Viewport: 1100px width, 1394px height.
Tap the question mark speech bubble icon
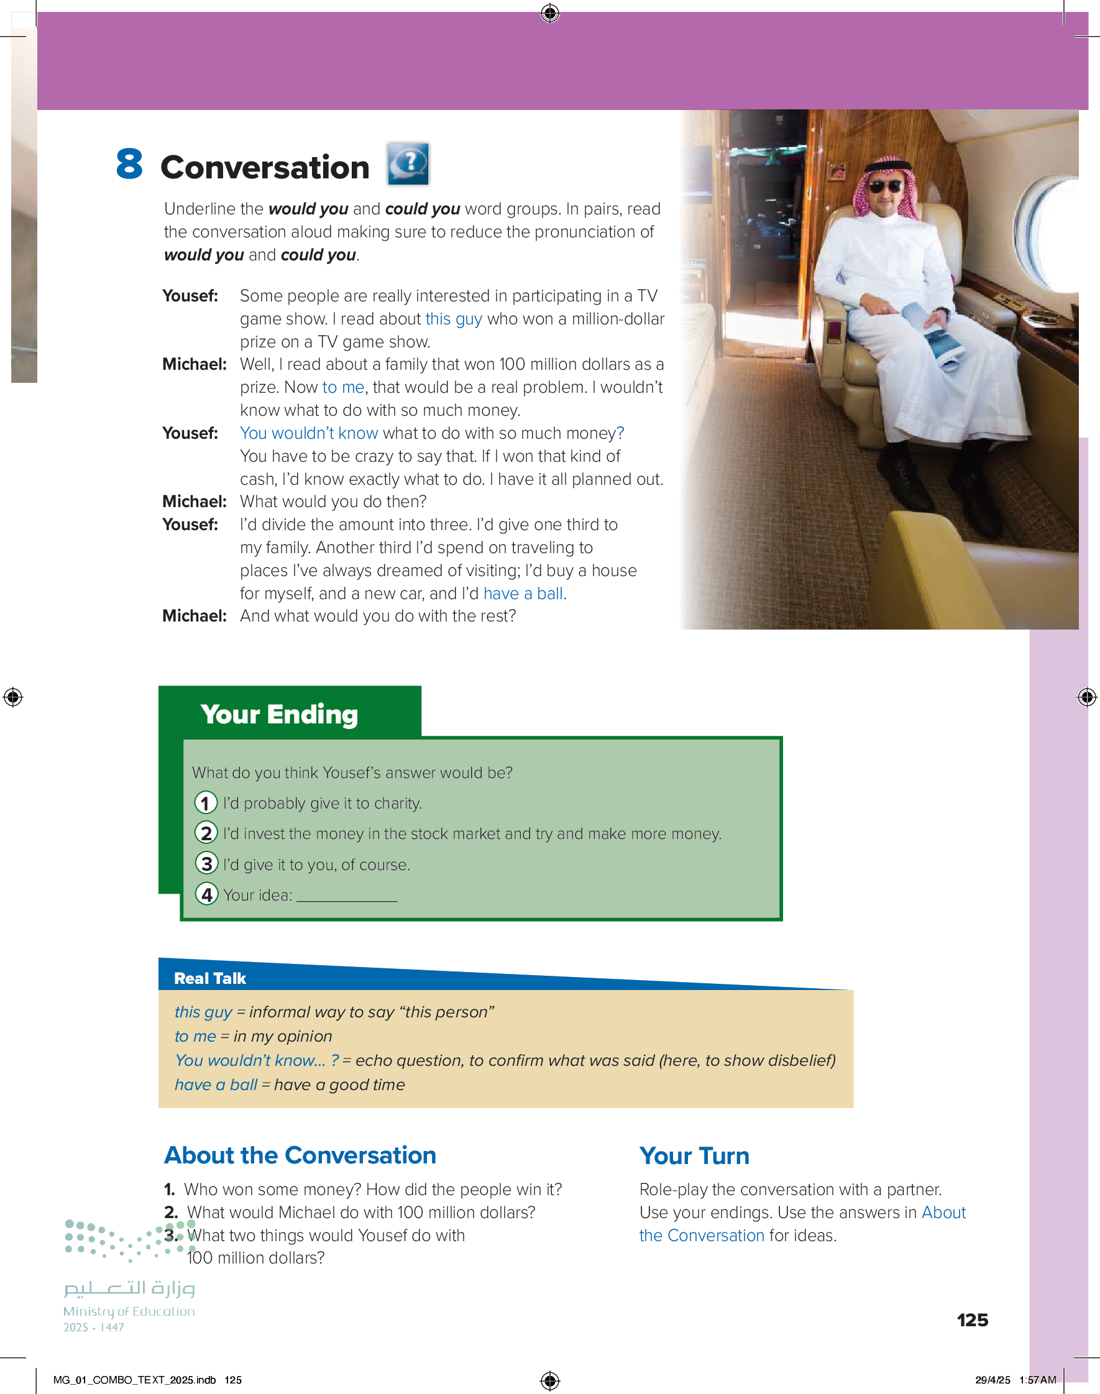coord(408,163)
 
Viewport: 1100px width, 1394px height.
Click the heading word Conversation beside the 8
coord(265,167)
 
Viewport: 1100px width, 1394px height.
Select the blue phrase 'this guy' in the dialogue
coord(454,319)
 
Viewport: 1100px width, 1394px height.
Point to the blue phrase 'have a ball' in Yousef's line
coord(523,594)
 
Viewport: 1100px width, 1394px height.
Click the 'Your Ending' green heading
coord(279,714)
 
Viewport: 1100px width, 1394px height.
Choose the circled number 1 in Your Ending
coord(206,803)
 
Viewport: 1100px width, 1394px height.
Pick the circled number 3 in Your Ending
coord(206,863)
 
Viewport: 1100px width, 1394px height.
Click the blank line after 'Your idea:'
coord(347,896)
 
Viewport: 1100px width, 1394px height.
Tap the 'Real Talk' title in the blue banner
coord(210,978)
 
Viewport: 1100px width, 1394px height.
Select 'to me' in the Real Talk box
coord(195,1036)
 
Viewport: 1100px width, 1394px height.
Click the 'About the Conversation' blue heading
coord(300,1155)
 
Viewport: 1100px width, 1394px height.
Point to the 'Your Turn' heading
coord(694,1156)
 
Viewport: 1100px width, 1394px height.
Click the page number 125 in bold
coord(972,1320)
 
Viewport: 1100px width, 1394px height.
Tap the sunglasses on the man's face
coord(885,186)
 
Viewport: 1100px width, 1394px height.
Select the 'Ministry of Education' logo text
coord(129,1311)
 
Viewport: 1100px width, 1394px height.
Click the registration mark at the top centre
coord(550,13)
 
